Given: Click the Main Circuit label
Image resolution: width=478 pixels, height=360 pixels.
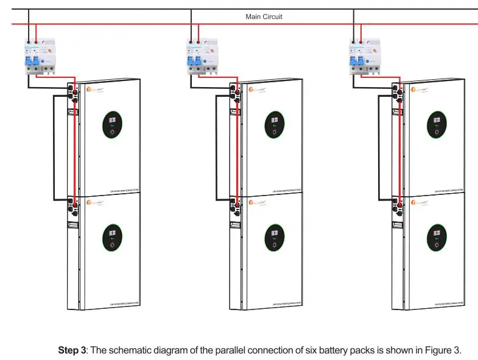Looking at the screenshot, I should (x=264, y=16).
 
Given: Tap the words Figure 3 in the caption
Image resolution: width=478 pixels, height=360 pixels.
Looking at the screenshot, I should (x=444, y=350).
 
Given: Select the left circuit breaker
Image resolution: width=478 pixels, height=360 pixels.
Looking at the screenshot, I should (x=37, y=60).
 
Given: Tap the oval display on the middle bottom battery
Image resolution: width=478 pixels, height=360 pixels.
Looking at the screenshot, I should (x=275, y=238).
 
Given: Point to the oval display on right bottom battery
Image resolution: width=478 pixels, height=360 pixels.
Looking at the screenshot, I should (x=437, y=238).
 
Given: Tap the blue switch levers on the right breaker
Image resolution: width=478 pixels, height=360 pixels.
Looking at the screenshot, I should (x=359, y=61).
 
